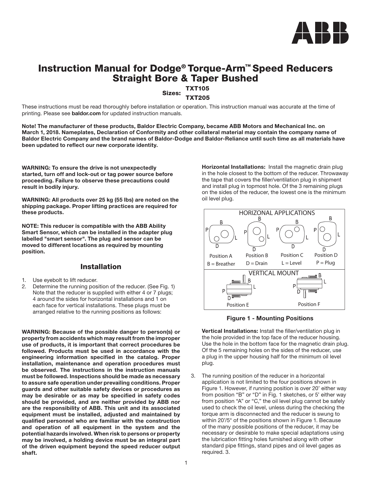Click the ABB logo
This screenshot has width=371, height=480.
click(320, 33)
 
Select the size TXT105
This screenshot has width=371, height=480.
click(198, 88)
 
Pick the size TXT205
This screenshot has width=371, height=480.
click(198, 98)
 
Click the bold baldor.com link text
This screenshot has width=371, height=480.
click(86, 113)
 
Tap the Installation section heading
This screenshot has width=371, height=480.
click(101, 267)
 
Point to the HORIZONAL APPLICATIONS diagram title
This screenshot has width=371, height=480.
click(277, 213)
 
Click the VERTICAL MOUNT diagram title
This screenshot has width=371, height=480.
click(274, 273)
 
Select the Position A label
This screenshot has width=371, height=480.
click(221, 256)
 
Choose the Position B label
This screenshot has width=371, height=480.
click(257, 255)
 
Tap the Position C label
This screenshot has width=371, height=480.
click(292, 255)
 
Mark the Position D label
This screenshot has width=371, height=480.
click(326, 255)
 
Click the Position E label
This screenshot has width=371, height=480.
click(238, 305)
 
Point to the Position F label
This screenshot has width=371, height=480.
click(309, 304)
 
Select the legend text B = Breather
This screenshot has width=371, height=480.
click(221, 264)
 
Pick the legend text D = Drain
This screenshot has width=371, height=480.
click(257, 263)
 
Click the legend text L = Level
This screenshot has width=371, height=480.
click(292, 263)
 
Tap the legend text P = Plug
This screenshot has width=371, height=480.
click(326, 263)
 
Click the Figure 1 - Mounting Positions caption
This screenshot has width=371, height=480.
click(270, 318)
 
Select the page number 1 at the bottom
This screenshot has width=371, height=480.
click(186, 463)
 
